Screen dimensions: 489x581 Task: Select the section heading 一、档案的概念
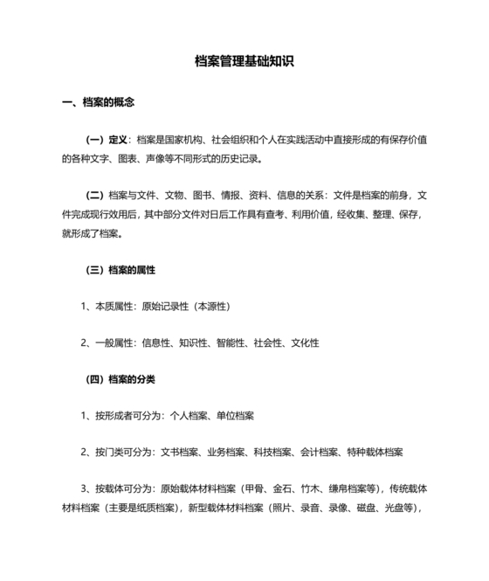pyautogui.click(x=98, y=102)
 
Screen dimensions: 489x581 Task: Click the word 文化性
pyautogui.click(x=303, y=343)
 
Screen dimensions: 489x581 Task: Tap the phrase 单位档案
pyautogui.click(x=231, y=416)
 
